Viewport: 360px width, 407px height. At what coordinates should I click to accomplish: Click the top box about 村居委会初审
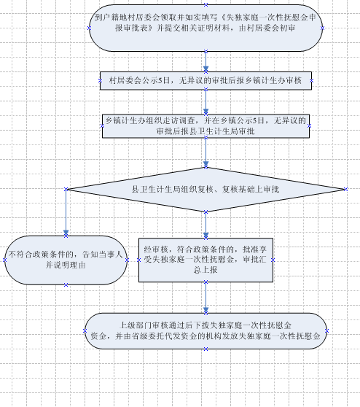pyautogui.click(x=206, y=28)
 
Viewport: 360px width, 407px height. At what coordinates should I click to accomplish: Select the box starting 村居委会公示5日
pyautogui.click(x=206, y=81)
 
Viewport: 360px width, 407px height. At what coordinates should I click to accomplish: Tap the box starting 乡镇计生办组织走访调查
pyautogui.click(x=206, y=126)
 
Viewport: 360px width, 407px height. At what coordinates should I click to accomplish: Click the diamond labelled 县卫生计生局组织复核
pyautogui.click(x=206, y=190)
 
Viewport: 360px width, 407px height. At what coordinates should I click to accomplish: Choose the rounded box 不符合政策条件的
pyautogui.click(x=66, y=260)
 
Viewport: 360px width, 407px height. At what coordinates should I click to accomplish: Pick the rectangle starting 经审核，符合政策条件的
pyautogui.click(x=206, y=260)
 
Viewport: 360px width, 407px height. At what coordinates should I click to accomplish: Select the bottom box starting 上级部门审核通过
pyautogui.click(x=206, y=331)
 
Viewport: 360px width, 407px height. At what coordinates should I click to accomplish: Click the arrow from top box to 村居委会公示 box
pyautogui.click(x=206, y=61)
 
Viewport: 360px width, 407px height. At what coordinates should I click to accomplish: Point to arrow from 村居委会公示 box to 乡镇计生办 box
pyautogui.click(x=206, y=102)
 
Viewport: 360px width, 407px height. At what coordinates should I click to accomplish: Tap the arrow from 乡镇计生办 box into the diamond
pyautogui.click(x=206, y=152)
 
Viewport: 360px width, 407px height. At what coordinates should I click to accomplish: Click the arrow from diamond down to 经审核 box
pyautogui.click(x=206, y=225)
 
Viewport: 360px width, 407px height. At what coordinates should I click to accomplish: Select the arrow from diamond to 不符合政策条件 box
pyautogui.click(x=66, y=212)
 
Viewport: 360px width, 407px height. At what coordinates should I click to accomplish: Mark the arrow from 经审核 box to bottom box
pyautogui.click(x=206, y=298)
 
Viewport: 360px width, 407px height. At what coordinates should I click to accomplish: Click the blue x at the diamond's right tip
pyautogui.click(x=345, y=190)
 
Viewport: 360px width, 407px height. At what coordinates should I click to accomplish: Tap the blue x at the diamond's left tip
pyautogui.click(x=66, y=190)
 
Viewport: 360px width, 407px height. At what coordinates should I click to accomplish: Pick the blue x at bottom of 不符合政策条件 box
pyautogui.click(x=66, y=284)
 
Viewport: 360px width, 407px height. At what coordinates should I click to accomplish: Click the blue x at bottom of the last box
pyautogui.click(x=206, y=349)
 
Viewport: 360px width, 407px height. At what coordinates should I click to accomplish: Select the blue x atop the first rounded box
pyautogui.click(x=206, y=4)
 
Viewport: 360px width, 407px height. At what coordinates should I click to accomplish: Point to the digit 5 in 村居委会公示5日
pyautogui.click(x=160, y=80)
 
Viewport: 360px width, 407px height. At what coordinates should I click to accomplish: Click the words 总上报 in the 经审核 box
pyautogui.click(x=206, y=270)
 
